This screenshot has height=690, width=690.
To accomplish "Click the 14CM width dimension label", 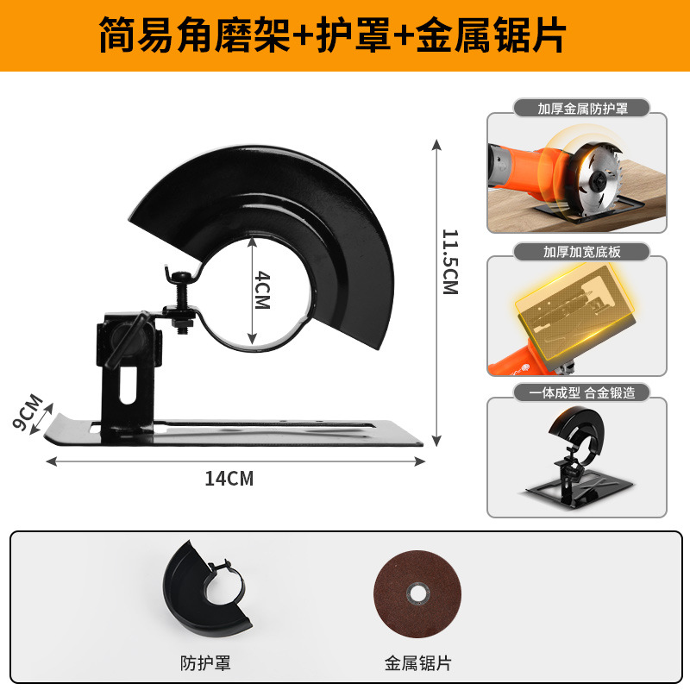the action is [229, 479].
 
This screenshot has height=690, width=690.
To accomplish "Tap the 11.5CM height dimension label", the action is [449, 261].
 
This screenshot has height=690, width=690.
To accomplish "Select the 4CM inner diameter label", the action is [263, 292].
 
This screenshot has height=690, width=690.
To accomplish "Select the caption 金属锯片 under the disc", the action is [417, 663].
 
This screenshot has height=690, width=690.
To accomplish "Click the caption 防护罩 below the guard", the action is [206, 663].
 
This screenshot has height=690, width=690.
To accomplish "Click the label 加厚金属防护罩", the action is [576, 109].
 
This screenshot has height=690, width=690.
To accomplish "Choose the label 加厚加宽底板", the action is [576, 251].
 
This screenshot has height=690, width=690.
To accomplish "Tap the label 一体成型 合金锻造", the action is [576, 393].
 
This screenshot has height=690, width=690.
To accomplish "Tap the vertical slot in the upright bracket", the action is [127, 386].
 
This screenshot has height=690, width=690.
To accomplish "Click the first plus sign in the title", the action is [306, 36].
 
